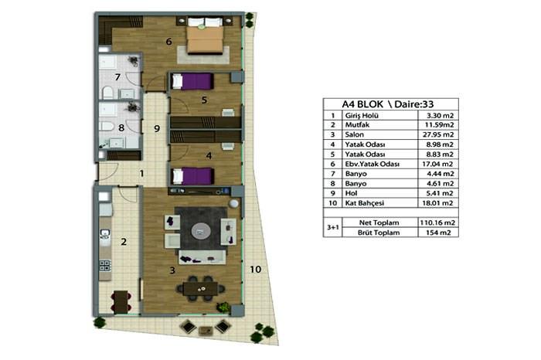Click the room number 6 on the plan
pos(168,42)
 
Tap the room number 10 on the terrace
pos(255,270)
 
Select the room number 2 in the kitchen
pos(124,242)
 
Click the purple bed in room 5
pos(192,81)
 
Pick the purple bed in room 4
pos(192,176)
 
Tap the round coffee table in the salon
pos(200,231)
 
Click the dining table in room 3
pos(200,289)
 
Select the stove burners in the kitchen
pos(105,265)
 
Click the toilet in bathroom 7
pos(107,93)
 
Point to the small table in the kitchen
pos(121,301)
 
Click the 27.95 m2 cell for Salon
pos(438,134)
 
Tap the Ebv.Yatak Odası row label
pos(372,164)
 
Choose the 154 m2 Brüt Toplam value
pos(438,233)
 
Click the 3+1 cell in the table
pos(332,228)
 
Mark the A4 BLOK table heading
pos(362,104)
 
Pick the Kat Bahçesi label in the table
pos(364,203)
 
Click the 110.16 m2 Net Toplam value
pos(437,222)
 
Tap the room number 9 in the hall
pos(157,129)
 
